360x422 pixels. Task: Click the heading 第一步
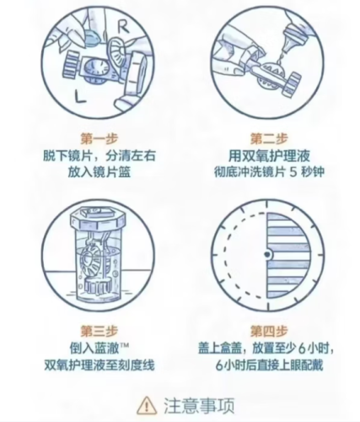point(99,138)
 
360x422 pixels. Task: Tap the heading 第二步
point(269,138)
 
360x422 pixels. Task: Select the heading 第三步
point(99,331)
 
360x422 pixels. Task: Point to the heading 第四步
point(269,331)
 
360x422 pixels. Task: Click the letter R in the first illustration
point(123,27)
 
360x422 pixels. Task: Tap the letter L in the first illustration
point(80,96)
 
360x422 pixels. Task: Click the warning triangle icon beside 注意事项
point(147,405)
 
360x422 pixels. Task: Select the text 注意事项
point(199,405)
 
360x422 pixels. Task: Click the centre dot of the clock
point(267,255)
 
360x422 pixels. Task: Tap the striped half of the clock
point(287,255)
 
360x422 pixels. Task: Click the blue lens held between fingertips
point(93,38)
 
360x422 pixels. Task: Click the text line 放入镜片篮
point(99,172)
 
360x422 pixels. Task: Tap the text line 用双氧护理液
point(269,155)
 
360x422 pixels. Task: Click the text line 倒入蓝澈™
point(99,349)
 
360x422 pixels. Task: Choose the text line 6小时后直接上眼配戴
point(269,365)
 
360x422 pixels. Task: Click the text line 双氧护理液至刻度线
point(99,365)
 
